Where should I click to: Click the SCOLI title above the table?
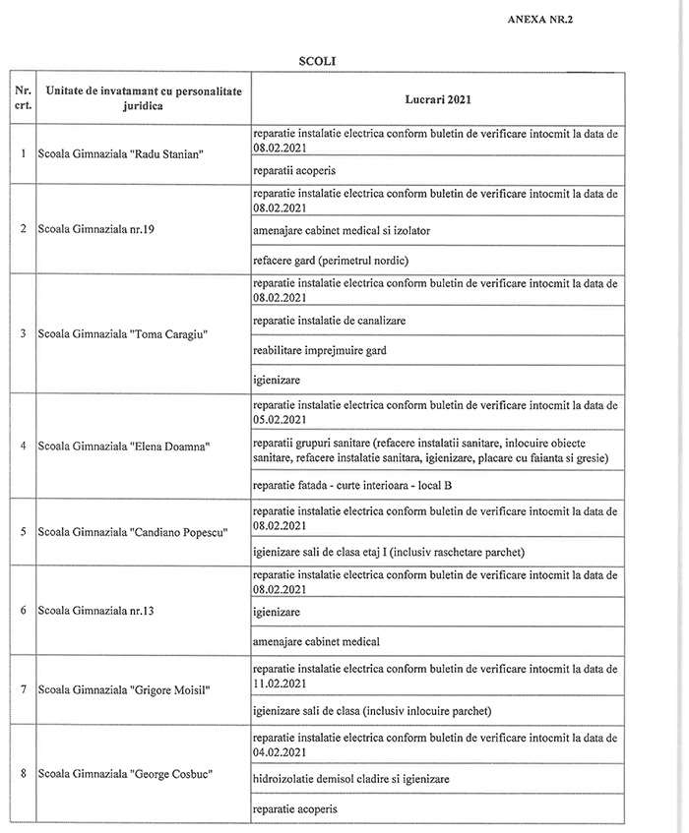click(x=319, y=62)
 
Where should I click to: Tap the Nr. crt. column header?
click(x=23, y=98)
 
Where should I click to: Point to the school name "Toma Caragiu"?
click(x=123, y=333)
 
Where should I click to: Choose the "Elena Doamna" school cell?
click(x=125, y=446)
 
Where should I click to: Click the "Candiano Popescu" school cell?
click(x=132, y=532)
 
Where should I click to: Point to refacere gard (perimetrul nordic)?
click(x=329, y=260)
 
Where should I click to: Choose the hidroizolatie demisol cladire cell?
click(x=350, y=778)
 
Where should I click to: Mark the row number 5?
click(x=23, y=532)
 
